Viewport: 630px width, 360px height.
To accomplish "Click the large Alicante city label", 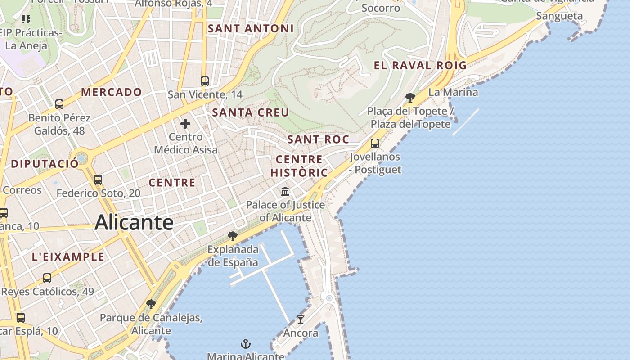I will click(134, 223).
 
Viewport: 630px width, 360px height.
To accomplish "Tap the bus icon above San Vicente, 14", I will click(205, 81).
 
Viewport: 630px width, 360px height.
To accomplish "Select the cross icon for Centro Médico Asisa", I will click(185, 124).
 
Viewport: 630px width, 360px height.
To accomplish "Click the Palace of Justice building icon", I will click(285, 192).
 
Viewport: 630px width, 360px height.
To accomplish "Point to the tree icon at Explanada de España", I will click(233, 236).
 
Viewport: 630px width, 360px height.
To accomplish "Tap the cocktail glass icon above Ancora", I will click(301, 319).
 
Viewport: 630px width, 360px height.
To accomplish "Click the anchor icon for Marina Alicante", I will click(245, 344).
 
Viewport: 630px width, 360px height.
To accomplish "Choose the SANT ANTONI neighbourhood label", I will click(251, 29).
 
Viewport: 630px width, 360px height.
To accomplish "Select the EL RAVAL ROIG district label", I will click(420, 66).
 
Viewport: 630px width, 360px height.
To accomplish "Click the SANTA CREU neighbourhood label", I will click(251, 112).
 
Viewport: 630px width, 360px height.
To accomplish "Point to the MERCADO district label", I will click(112, 92).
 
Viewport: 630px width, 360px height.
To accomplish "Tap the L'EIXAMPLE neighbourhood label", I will click(68, 257).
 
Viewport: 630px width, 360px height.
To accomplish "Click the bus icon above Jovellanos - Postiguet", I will click(374, 144).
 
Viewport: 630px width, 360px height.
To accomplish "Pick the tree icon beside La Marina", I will click(410, 97).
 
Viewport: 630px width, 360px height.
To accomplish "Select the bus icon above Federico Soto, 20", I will click(98, 180).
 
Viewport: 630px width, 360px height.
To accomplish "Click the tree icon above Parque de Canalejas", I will click(151, 304).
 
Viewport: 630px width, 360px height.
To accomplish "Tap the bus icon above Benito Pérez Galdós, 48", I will click(59, 104).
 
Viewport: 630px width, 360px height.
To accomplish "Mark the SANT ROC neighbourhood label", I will click(318, 139).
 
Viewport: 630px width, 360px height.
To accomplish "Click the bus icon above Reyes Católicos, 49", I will click(47, 278).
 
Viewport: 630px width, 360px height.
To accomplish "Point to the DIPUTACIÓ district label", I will click(45, 163).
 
